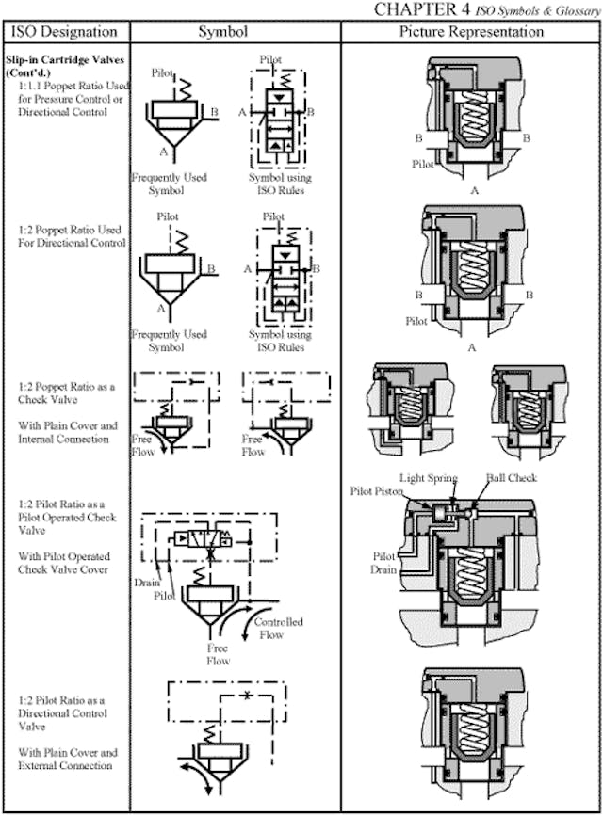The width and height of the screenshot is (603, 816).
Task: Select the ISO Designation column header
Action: coord(64,32)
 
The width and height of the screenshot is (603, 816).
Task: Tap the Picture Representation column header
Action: coord(471,32)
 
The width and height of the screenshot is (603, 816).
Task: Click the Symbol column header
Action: coord(223,32)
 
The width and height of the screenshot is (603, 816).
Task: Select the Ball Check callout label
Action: coord(512,478)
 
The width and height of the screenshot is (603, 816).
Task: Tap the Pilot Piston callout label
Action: coord(376,491)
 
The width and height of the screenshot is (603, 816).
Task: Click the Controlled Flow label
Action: coord(279,629)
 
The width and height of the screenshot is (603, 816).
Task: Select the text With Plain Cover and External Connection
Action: coord(68,759)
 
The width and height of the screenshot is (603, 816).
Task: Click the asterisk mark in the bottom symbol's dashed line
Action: coord(247,695)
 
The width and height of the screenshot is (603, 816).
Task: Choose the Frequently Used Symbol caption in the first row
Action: coord(170,183)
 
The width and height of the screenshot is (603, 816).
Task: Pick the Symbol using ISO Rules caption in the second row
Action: coord(280,340)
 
